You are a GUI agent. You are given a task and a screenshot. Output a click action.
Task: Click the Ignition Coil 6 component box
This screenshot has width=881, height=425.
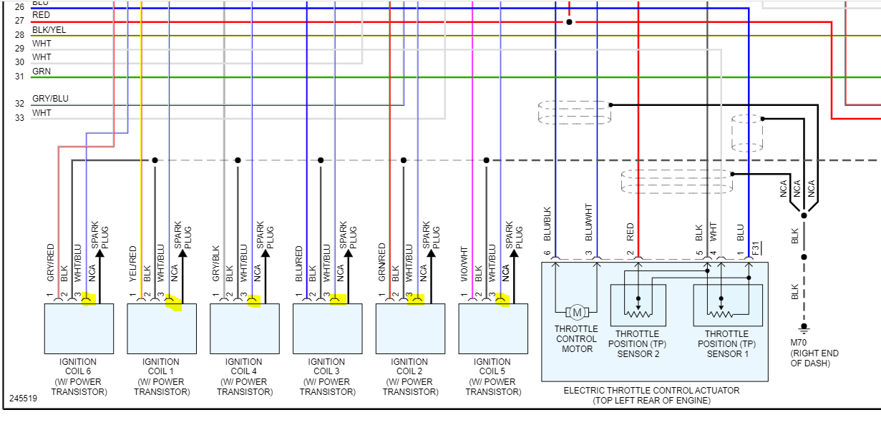tap(79, 328)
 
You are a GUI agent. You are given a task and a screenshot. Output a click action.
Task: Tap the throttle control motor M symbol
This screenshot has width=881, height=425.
tap(576, 312)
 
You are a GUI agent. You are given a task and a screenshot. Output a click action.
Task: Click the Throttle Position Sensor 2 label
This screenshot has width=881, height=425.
tap(637, 343)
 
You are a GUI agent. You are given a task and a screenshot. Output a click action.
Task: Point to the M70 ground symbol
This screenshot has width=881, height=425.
tap(803, 328)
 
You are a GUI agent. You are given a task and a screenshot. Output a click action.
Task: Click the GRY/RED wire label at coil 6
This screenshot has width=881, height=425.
tap(51, 262)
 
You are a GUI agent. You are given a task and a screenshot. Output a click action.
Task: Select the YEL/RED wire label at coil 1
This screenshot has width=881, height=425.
tap(133, 263)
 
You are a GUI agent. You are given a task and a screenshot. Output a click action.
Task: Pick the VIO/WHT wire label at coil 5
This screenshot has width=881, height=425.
tap(464, 263)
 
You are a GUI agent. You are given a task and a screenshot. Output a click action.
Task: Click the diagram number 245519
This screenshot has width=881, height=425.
tap(23, 398)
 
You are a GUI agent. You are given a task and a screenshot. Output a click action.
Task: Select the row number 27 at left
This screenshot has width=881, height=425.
tap(19, 21)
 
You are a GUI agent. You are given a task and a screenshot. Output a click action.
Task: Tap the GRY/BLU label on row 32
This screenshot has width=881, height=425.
tap(50, 99)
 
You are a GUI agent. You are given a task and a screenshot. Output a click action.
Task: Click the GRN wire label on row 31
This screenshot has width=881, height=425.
tap(42, 72)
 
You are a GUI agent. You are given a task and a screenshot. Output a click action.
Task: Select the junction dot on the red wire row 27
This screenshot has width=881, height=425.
tap(569, 22)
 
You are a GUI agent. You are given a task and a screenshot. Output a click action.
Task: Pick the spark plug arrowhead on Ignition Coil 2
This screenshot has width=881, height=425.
tap(431, 252)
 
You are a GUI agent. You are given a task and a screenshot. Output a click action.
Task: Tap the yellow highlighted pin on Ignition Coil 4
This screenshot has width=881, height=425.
tap(253, 301)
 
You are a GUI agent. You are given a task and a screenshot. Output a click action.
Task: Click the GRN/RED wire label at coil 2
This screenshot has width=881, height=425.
tap(382, 263)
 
